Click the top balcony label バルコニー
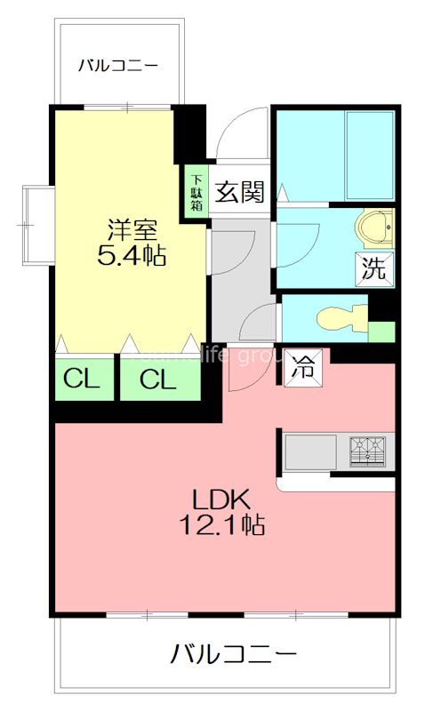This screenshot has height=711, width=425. coord(117,65)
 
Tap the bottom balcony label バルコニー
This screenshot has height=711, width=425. coord(233,656)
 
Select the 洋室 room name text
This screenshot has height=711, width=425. coord(133,229)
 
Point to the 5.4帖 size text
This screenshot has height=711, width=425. coord(133,257)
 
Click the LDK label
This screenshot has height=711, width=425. coord(225,499)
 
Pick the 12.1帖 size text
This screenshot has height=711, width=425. coord(225,525)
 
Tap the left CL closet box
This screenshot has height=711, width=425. coord(82,379)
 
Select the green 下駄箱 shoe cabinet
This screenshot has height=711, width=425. coord(196,191)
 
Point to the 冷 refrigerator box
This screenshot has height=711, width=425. coord(303,367)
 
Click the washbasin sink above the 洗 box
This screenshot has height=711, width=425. coord(377,228)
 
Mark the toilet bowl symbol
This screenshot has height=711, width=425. coord(339,318)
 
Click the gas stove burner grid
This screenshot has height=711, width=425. coord(367,451)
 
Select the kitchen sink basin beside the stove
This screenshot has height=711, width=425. coord(310,451)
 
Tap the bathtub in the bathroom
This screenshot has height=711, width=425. coord(370,156)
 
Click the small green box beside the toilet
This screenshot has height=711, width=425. coord(381,332)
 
